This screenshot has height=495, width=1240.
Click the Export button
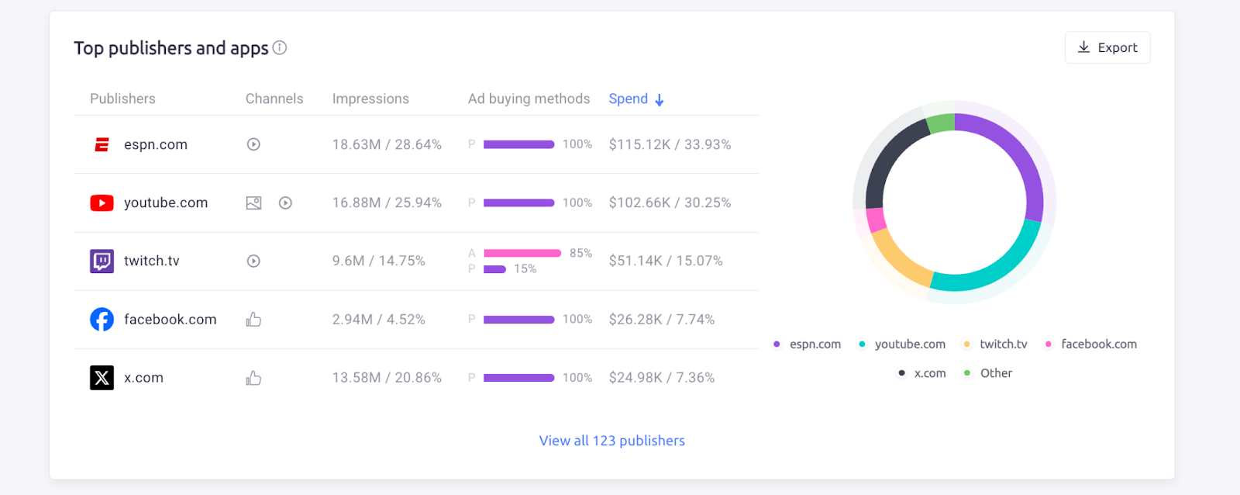1107,47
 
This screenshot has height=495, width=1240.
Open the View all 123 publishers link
611,441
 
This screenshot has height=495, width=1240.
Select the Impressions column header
370,99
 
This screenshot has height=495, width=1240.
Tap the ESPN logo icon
102,144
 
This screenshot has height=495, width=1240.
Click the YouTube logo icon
102,203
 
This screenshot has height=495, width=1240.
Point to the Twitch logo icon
102,261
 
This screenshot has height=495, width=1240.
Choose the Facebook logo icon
102,320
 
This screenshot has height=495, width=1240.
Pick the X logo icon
102,378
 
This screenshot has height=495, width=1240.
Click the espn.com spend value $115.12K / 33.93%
670,144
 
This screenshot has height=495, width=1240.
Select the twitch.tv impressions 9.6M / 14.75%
378,261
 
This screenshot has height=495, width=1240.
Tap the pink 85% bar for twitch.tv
522,253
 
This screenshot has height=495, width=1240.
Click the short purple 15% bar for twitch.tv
494,269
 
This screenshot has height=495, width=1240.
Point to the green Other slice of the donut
941,123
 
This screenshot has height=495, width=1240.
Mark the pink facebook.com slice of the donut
876,220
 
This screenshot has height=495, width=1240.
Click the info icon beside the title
280,48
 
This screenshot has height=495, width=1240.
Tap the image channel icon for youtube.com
253,203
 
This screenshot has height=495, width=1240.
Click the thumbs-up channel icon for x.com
253,378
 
